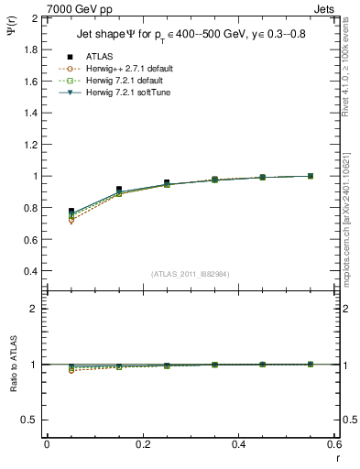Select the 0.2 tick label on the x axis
[x=142, y=443]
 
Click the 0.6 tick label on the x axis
[x=333, y=443]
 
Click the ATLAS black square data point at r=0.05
[x=71, y=212]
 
